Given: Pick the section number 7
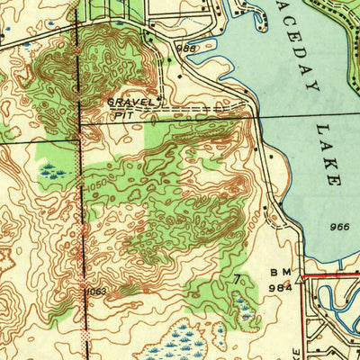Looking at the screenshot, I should coord(238,280).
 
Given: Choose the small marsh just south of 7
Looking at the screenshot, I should coord(242,310).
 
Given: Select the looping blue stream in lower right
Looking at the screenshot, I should coord(337,310).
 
